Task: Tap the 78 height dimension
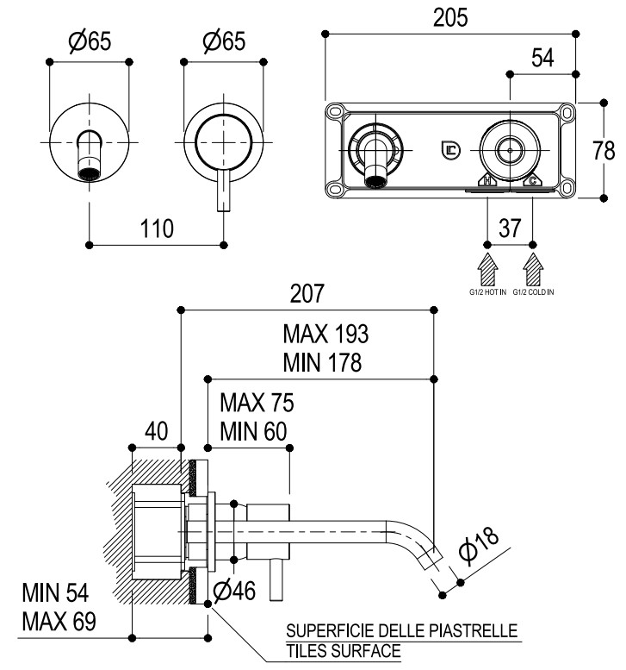(x=604, y=150)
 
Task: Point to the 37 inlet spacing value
(x=511, y=229)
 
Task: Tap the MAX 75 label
(x=257, y=403)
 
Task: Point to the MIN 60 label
(x=254, y=430)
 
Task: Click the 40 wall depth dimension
(x=156, y=430)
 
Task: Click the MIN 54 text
(x=55, y=593)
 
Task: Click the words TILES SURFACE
(x=344, y=651)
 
